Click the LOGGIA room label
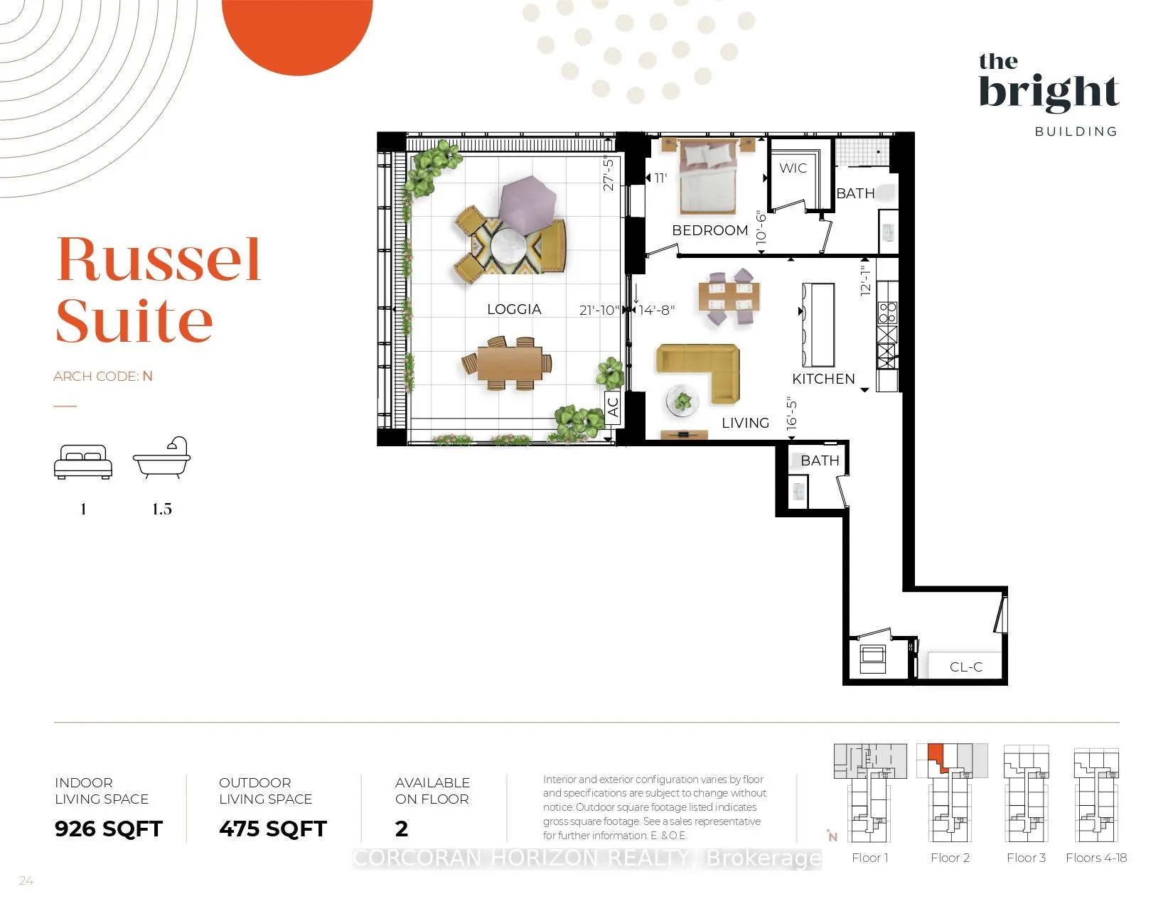tap(513, 309)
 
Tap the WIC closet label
tap(793, 168)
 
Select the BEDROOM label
tap(710, 230)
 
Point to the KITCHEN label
tap(823, 379)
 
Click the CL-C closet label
tap(965, 667)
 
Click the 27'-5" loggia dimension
tap(609, 173)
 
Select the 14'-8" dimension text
tap(656, 311)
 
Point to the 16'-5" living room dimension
tap(791, 414)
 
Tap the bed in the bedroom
tap(707, 176)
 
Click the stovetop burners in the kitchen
tap(887, 313)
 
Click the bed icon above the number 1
tap(83, 461)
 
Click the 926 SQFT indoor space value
tap(109, 829)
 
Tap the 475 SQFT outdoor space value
tap(272, 829)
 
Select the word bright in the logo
tap(1049, 92)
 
